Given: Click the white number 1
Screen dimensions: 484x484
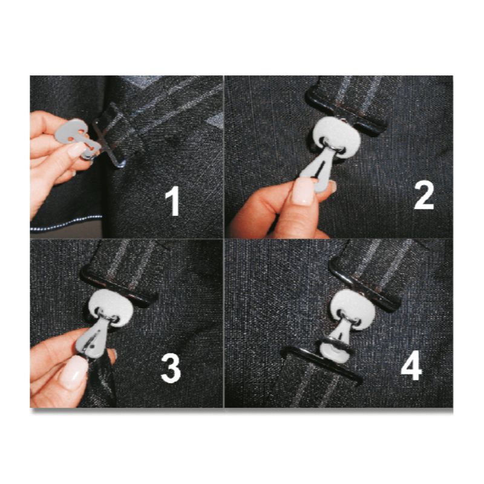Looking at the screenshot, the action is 172,202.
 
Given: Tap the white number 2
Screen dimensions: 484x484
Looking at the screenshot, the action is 424,195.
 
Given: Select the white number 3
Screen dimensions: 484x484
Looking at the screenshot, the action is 171,369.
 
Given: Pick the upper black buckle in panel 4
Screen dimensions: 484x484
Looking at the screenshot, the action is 364,287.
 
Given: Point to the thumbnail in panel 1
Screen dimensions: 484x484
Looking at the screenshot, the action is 75,150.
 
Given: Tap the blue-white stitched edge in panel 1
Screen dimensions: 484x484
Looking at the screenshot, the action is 67,223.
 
